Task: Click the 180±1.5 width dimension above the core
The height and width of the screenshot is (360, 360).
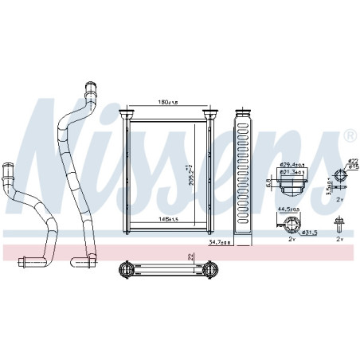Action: [166, 103]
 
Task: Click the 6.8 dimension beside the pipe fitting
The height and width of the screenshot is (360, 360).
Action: [268, 180]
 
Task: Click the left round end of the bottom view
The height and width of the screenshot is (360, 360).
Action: [125, 270]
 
